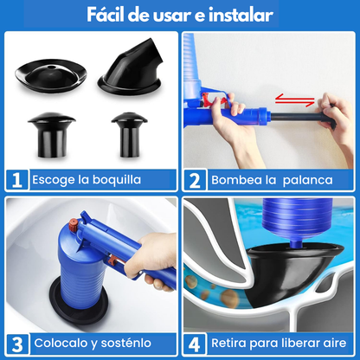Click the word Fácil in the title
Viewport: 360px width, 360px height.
(x=106, y=15)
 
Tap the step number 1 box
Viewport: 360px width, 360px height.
(x=17, y=180)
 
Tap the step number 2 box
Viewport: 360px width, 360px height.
(x=195, y=180)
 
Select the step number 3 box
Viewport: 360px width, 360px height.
(x=17, y=344)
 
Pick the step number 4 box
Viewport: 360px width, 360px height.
(x=195, y=344)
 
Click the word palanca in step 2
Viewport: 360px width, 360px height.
(x=307, y=180)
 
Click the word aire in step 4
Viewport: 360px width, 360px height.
(x=335, y=343)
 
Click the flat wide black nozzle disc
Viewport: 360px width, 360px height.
(x=51, y=75)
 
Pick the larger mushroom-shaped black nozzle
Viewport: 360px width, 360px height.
(x=52, y=135)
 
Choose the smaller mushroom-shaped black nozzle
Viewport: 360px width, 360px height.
(x=129, y=134)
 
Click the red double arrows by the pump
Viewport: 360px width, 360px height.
(x=294, y=100)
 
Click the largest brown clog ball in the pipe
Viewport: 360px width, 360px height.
(x=229, y=299)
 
